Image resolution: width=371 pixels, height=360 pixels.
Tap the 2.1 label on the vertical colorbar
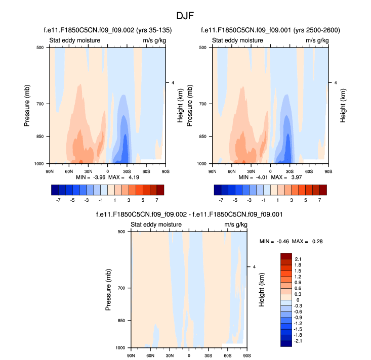click(x=298, y=259)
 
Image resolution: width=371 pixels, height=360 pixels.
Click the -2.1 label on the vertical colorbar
click(x=298, y=342)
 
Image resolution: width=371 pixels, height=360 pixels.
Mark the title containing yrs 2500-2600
click(x=270, y=31)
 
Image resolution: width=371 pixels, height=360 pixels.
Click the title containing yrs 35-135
click(x=107, y=31)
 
